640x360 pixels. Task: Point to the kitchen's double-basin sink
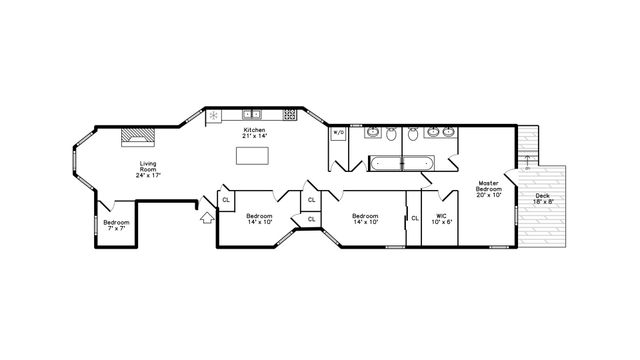[252, 114]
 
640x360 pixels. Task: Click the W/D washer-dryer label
[338, 133]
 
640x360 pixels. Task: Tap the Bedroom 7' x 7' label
[116, 225]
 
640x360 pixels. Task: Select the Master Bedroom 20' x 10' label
[489, 189]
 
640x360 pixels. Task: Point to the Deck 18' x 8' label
[541, 198]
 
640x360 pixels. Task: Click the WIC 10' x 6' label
[441, 219]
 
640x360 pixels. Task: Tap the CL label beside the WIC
[415, 218]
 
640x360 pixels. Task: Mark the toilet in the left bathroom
[393, 135]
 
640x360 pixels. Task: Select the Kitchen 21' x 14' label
[255, 133]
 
